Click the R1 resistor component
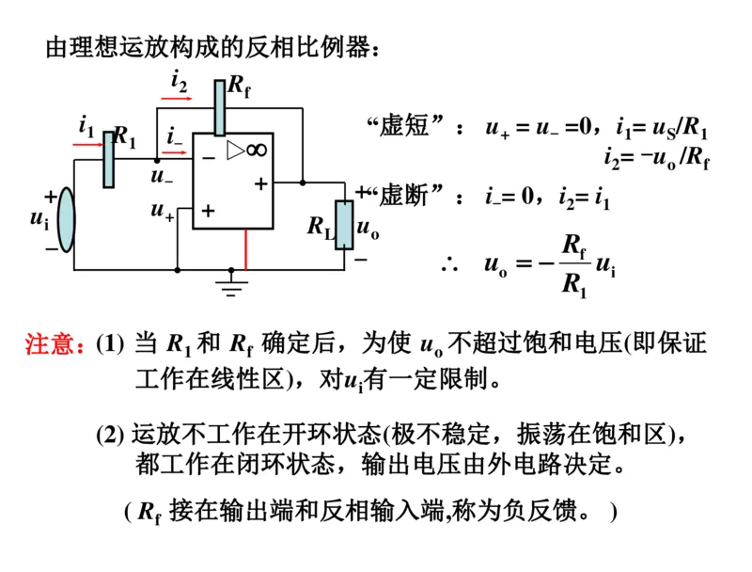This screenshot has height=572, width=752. (108, 159)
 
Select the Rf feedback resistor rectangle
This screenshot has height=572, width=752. (219, 107)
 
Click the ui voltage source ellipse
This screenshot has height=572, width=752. (65, 219)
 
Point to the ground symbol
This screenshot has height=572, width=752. (232, 282)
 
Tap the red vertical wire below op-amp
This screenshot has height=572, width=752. (246, 249)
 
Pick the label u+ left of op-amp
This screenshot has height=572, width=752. (162, 211)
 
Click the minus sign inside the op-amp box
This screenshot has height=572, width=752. (208, 157)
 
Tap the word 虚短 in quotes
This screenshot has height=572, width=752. (402, 127)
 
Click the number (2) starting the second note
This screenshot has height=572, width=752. (110, 434)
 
